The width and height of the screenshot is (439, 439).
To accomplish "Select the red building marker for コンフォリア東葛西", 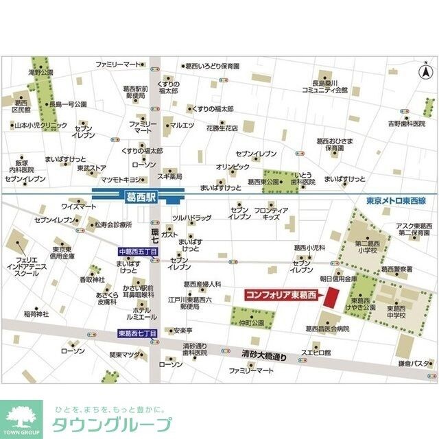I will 333,298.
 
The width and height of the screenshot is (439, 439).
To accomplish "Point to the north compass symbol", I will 425,70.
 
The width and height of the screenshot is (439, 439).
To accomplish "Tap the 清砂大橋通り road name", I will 264,356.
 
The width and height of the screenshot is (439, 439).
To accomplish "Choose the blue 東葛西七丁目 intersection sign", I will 137,333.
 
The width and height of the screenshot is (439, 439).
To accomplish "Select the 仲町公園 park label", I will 234,322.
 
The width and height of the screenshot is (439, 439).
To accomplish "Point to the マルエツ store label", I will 183,125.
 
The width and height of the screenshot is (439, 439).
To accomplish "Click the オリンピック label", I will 233,167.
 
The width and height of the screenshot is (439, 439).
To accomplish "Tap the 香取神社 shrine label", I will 91,280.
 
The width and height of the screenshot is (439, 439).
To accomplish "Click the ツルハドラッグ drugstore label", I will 191,217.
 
